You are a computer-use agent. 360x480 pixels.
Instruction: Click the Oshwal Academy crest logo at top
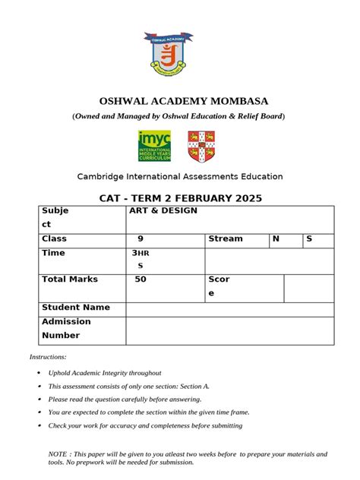(179, 56)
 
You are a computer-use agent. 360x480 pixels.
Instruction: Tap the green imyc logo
(154, 146)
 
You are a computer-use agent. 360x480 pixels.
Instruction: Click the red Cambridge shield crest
(201, 146)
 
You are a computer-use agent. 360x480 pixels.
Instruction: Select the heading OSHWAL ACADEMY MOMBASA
(185, 101)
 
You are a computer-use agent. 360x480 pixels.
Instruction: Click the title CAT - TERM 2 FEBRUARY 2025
(181, 198)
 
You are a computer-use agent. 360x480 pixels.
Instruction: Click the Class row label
(54, 238)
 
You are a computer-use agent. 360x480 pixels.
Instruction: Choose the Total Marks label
(70, 279)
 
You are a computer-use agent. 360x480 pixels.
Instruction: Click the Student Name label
(76, 308)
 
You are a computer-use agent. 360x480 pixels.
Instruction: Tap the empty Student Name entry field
(229, 308)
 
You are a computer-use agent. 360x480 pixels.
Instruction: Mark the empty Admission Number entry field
(229, 330)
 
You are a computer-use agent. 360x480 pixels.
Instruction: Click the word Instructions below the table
(48, 356)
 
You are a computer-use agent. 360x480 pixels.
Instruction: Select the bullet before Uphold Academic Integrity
(39, 374)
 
